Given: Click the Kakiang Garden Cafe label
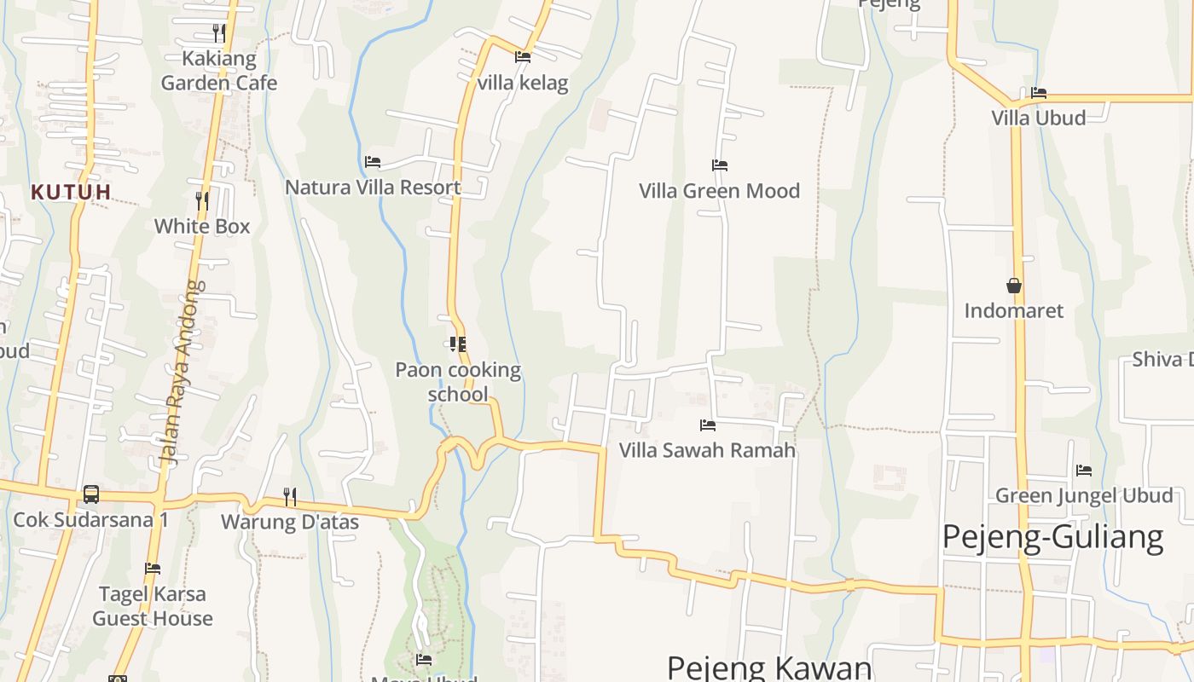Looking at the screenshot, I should [x=219, y=71].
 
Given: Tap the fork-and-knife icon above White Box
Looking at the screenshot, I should [x=202, y=201].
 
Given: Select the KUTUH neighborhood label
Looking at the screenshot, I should [x=71, y=192].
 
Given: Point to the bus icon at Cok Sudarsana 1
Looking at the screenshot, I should [x=90, y=494].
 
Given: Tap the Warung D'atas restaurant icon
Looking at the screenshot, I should [x=290, y=496].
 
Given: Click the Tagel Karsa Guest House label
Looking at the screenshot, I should [x=153, y=606].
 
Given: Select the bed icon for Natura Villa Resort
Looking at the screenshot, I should [x=373, y=162].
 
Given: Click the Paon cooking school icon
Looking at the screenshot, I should [x=458, y=344].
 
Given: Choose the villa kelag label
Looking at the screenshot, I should [x=523, y=83].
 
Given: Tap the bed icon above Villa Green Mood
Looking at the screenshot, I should [x=720, y=165].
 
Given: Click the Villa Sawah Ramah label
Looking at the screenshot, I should [x=707, y=450].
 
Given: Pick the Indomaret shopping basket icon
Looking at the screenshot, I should [x=1014, y=286].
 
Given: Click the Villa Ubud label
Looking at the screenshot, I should [x=1038, y=118].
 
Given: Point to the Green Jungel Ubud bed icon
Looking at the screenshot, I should [x=1084, y=470].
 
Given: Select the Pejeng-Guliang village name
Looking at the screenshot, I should [x=1052, y=538].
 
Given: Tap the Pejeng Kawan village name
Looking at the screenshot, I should [x=769, y=668].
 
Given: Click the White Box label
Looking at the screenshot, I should [x=202, y=226].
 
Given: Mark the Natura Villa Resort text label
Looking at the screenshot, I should [x=373, y=188].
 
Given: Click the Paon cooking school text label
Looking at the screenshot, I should [x=458, y=382].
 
